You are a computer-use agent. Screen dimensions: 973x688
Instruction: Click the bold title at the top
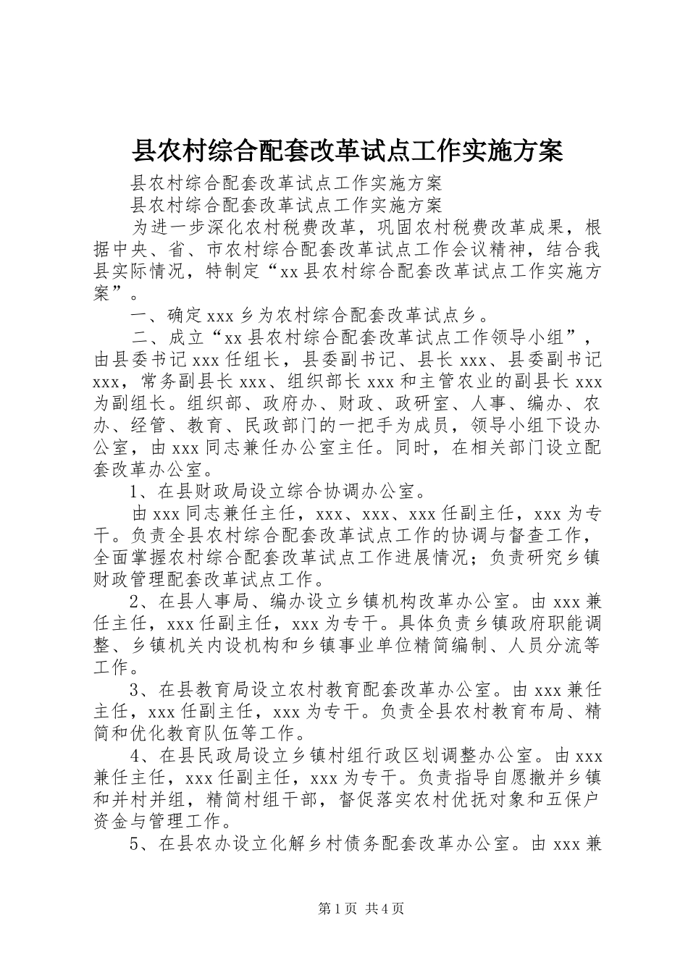coord(346,151)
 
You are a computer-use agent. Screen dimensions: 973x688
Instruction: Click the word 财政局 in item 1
coord(214,492)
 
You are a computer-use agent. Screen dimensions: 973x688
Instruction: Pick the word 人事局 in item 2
coord(214,601)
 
